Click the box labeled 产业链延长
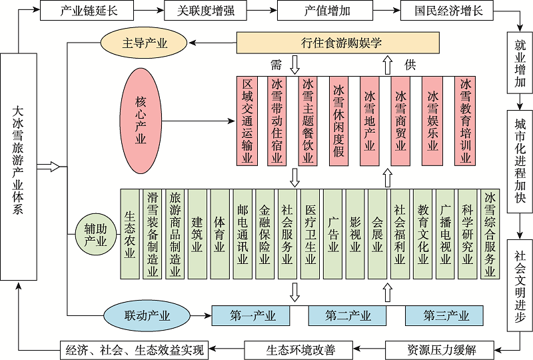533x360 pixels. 89,11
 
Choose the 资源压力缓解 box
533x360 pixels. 440,349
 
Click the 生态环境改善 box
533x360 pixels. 300,349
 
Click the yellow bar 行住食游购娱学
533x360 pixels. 338,44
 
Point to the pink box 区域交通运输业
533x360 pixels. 248,121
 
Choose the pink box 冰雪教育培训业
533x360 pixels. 465,121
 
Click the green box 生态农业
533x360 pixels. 130,235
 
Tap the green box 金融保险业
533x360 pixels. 265,235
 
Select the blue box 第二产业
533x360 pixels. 348,315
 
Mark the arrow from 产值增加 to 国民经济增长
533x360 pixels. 383,11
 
